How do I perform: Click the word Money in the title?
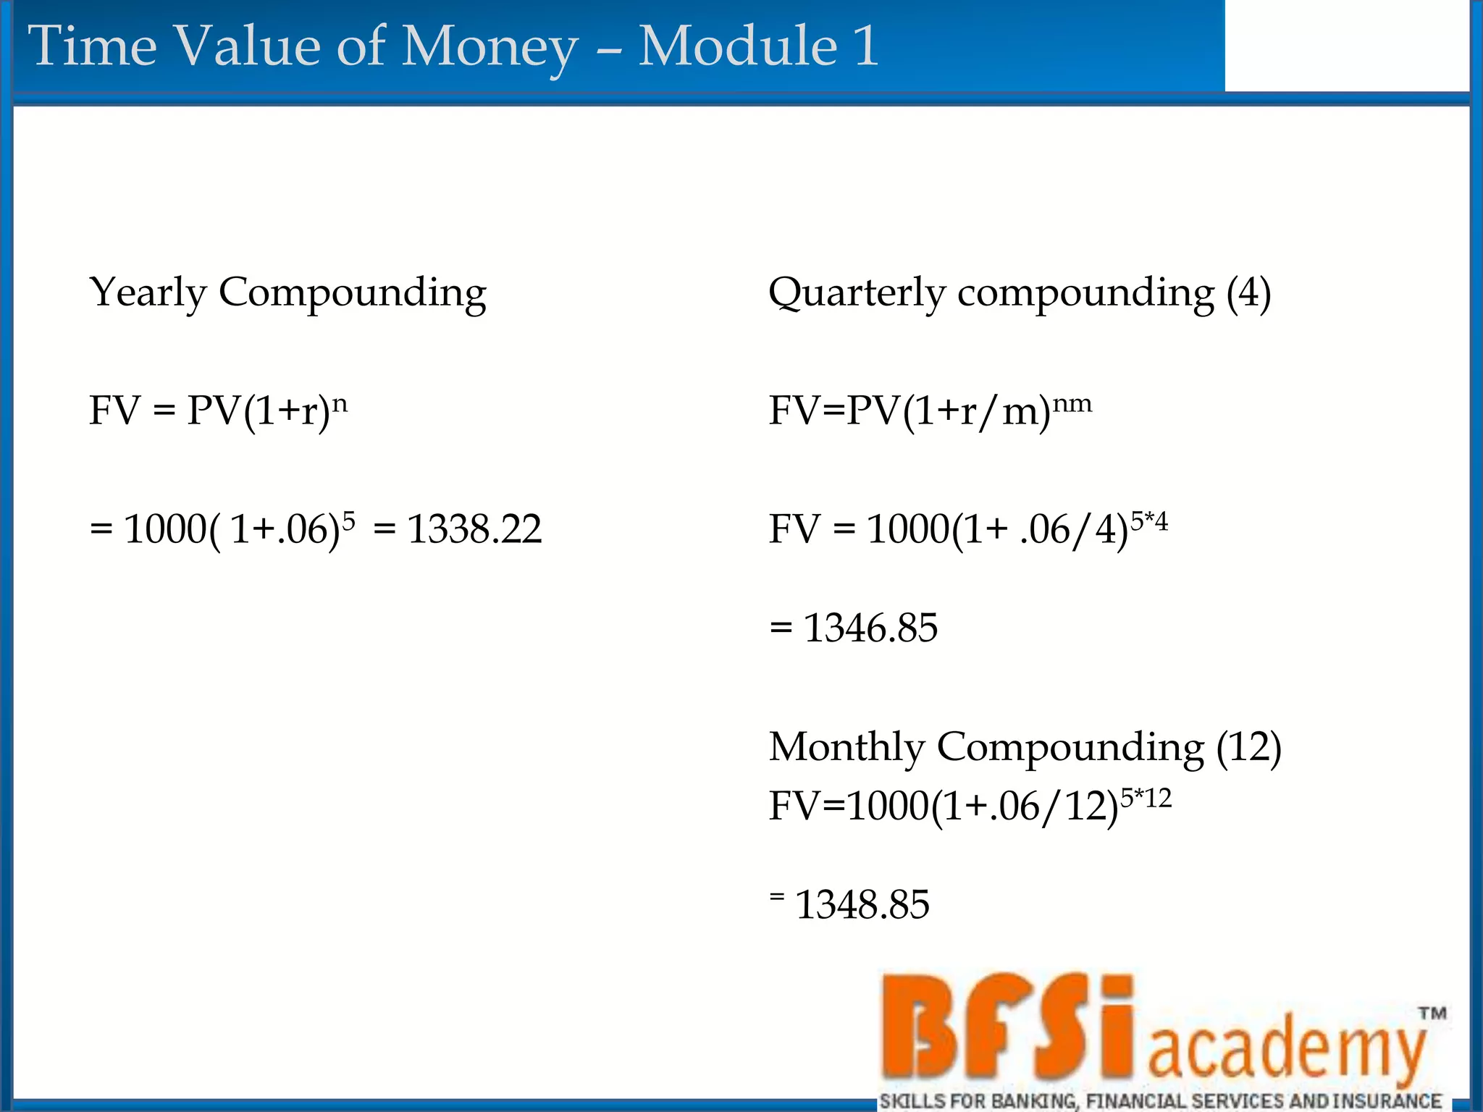pos(490,46)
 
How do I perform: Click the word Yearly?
pos(148,292)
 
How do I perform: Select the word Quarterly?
pos(857,294)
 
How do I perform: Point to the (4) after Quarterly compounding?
pos(1248,292)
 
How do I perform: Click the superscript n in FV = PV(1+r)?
pos(340,403)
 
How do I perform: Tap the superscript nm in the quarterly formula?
pos(1072,403)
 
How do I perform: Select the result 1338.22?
pos(474,528)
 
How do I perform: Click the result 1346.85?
pos(870,627)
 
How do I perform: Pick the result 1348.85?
pos(862,904)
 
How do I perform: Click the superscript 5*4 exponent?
pos(1149,520)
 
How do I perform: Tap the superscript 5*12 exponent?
pos(1146,798)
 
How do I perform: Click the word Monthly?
pos(846,746)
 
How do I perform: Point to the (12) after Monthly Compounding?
pos(1248,746)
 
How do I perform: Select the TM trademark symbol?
pos(1432,1014)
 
